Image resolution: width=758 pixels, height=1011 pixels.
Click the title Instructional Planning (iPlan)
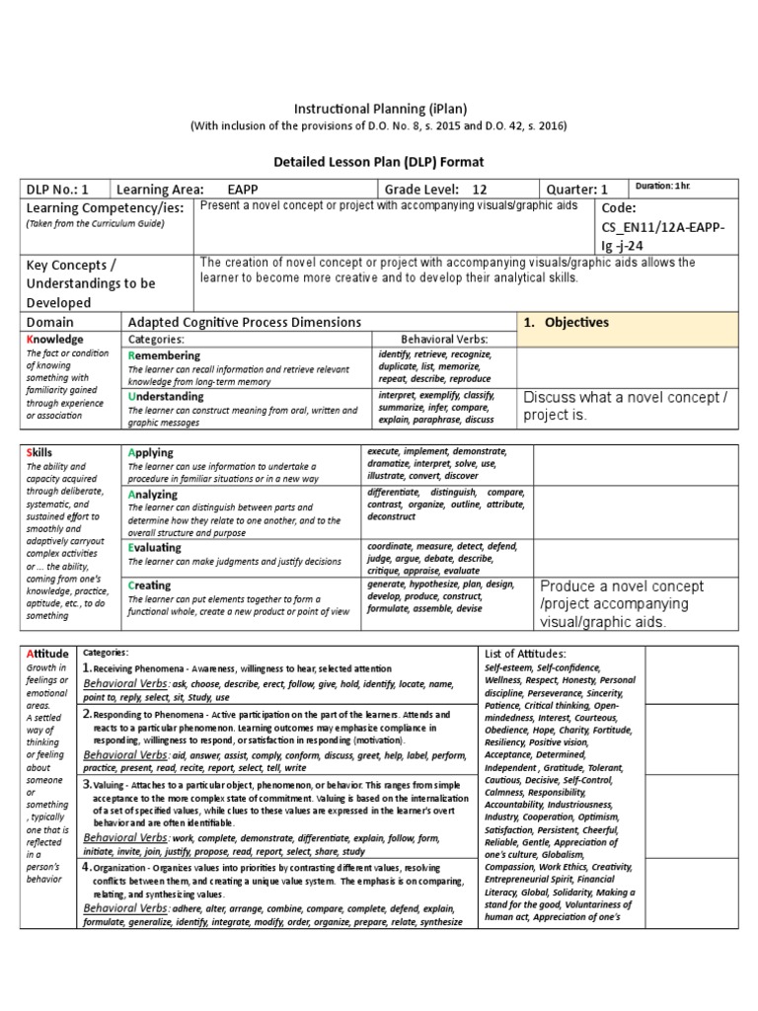point(378,108)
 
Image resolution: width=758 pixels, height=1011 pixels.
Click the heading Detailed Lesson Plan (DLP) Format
point(378,160)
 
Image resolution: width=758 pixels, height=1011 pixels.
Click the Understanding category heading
point(166,396)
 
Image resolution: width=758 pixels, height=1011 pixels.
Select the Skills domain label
point(40,452)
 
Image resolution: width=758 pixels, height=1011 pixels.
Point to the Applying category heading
point(151,452)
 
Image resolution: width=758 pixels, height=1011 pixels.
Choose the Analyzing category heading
point(153,494)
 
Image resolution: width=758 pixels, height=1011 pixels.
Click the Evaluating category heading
point(155,547)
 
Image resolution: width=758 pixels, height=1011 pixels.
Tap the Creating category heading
point(150,585)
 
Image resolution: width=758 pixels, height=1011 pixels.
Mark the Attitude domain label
point(48,654)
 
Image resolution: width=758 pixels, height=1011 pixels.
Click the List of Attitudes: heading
point(526,654)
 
